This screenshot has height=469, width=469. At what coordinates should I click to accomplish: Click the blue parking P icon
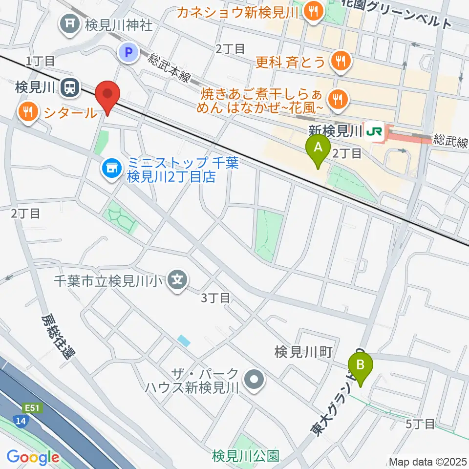tap(129, 53)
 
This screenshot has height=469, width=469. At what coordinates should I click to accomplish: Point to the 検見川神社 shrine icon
tap(70, 23)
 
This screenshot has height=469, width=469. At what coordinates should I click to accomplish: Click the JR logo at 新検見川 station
tap(375, 132)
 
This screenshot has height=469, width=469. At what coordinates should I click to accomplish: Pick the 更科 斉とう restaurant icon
tap(339, 61)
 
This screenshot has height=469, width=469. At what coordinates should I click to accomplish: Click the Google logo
tap(33, 458)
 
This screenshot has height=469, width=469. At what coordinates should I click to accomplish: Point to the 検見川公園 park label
tap(246, 456)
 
